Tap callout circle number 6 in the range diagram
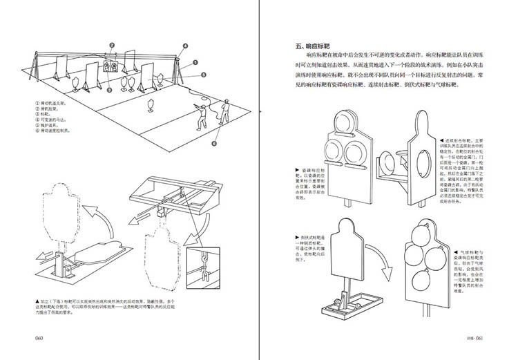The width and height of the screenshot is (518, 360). [215, 144]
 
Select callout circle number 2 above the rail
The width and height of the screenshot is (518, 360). [111, 46]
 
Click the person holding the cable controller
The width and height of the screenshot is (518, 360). [224, 110]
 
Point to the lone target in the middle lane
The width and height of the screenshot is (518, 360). [151, 106]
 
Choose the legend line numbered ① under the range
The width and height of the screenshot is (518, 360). [52, 104]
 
